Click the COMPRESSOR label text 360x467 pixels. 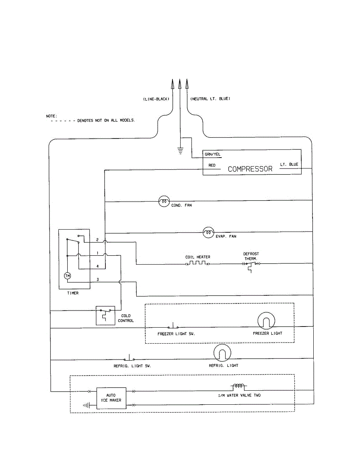point(250,169)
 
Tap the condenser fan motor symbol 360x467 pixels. point(164,201)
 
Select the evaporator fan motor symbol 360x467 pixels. point(208,232)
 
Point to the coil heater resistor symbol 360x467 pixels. point(198,263)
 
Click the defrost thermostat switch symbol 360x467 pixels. point(251,266)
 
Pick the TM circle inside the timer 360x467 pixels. point(67,276)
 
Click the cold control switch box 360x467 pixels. point(105,316)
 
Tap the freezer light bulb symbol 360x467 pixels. point(266,321)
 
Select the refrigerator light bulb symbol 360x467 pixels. point(222,353)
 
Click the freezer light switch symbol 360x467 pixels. point(173,326)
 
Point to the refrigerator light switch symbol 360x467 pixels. point(129,358)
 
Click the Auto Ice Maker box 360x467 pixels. point(111,398)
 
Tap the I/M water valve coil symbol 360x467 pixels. point(239,386)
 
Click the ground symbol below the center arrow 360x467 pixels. point(180,151)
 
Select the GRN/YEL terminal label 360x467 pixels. point(212,154)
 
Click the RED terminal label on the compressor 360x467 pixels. point(212,165)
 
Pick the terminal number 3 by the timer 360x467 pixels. point(98,279)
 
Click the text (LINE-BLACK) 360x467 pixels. point(156,99)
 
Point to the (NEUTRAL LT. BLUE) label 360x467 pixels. point(210,98)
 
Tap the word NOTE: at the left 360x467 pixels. point(52,116)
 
